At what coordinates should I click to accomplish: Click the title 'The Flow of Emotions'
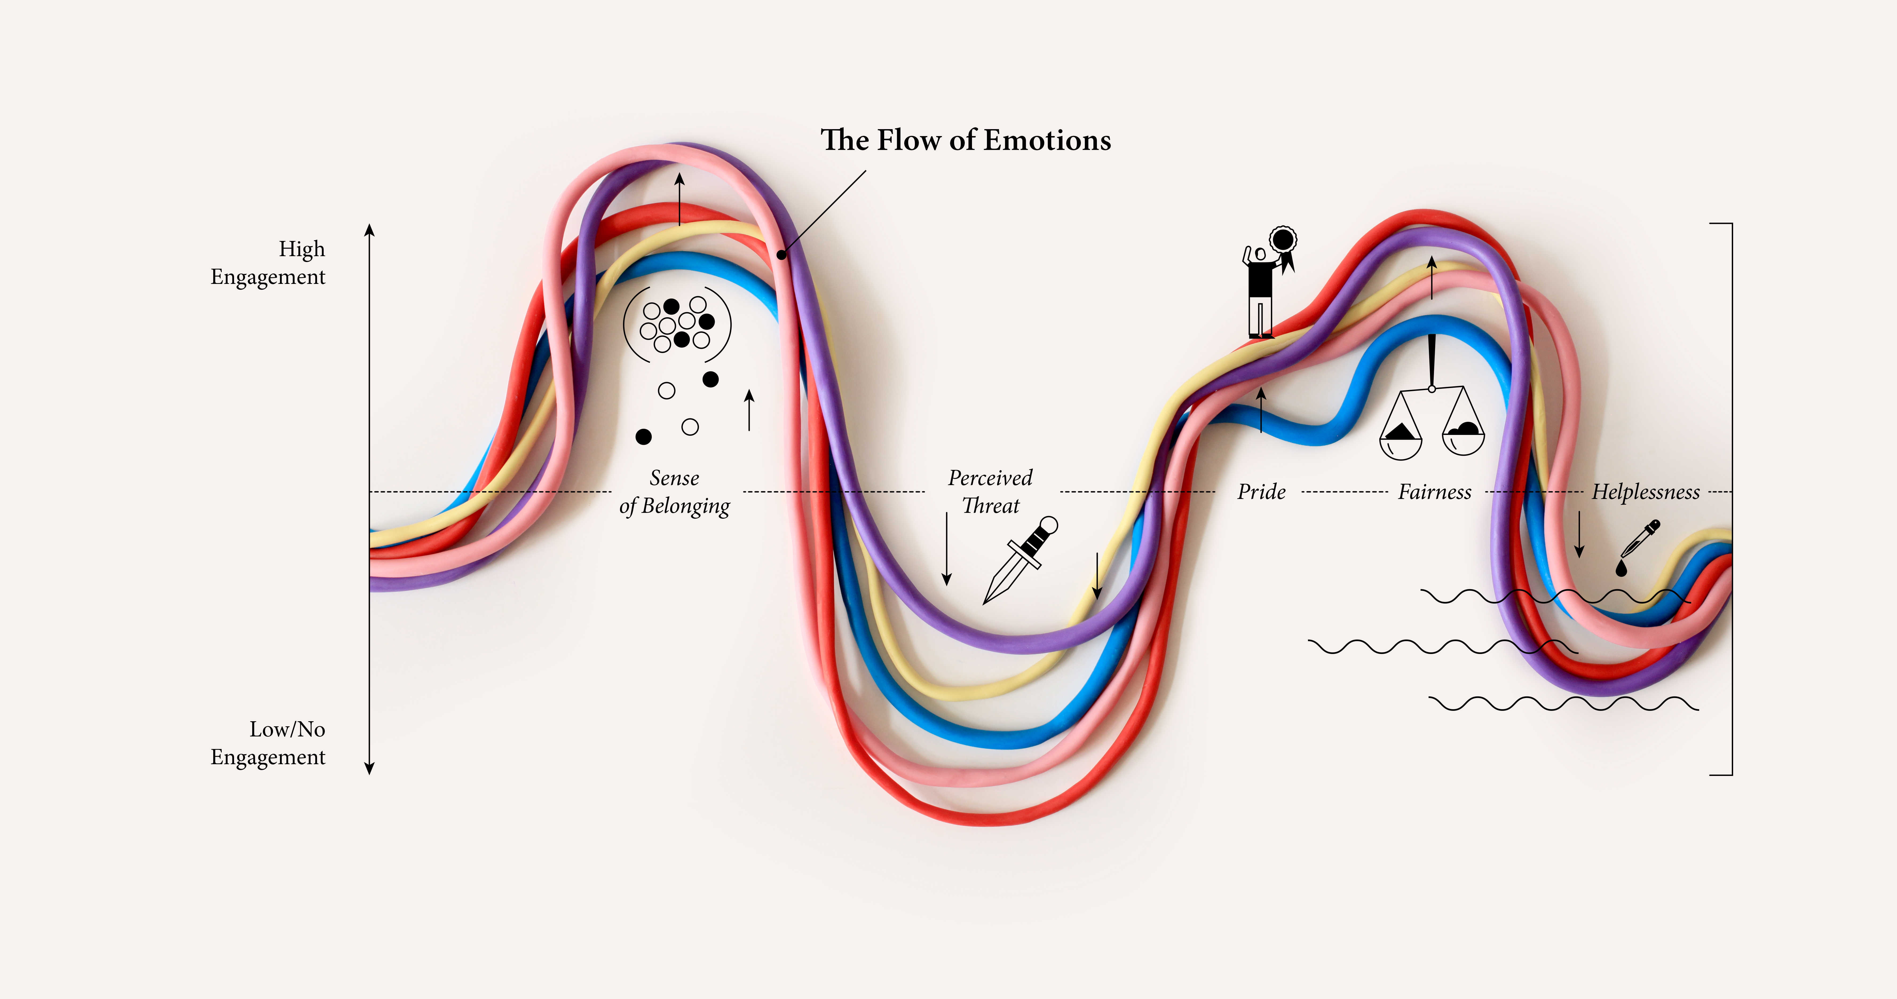965,140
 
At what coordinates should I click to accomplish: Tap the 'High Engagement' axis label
268,263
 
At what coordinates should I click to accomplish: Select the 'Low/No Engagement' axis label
268,743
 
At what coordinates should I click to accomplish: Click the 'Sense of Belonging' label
675,492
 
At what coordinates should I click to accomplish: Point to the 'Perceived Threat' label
990,492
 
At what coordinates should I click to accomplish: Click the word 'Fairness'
1434,492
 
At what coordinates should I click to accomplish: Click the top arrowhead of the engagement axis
370,230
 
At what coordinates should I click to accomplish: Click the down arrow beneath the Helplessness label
1579,534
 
